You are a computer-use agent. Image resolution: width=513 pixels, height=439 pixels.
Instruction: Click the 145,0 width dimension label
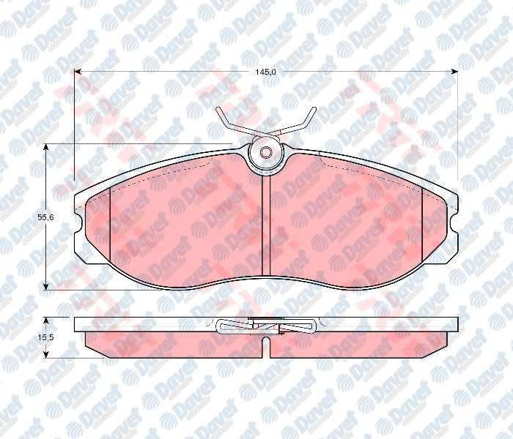[265, 72]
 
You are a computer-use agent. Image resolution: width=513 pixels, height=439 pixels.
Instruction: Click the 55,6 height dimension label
[45, 217]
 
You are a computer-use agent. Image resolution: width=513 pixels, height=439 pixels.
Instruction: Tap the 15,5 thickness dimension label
[45, 338]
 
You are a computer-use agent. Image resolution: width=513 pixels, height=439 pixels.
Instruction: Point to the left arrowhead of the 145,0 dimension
[78, 72]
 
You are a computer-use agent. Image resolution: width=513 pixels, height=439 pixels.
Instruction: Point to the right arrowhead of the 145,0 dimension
[454, 72]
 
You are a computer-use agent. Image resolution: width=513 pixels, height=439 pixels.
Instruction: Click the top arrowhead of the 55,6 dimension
[46, 148]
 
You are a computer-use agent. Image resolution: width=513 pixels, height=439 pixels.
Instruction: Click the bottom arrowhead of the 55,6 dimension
[46, 286]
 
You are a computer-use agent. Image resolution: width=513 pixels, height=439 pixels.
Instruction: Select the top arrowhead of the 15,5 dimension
[46, 321]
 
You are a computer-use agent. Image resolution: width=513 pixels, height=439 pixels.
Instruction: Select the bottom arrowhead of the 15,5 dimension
[46, 353]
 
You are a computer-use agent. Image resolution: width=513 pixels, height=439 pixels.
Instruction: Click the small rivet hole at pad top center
[265, 152]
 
